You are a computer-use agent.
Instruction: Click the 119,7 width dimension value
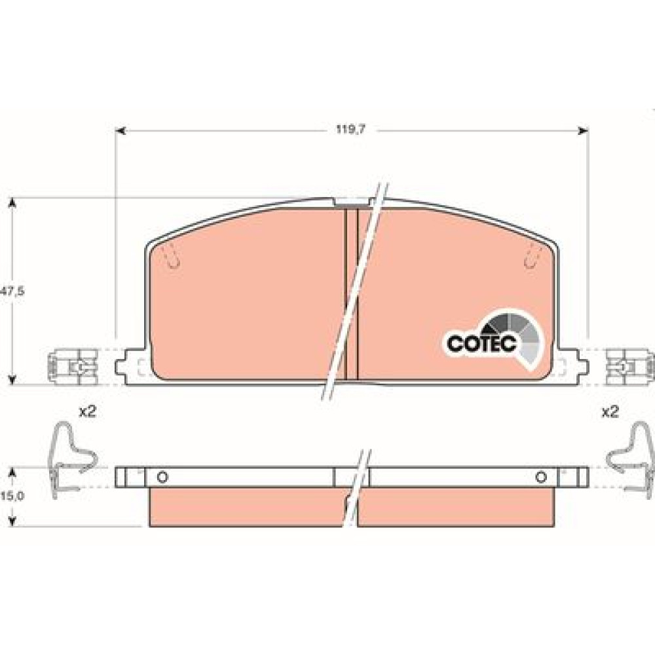(351, 130)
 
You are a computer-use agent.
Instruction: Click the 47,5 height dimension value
(12, 291)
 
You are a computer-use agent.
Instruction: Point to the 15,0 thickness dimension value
(12, 496)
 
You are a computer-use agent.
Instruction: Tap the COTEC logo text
(481, 343)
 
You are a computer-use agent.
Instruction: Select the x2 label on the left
(88, 412)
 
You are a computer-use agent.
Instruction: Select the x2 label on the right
(610, 412)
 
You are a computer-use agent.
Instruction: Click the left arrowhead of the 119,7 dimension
(121, 131)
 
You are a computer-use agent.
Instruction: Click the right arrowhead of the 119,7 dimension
(583, 131)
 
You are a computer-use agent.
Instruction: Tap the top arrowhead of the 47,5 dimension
(12, 203)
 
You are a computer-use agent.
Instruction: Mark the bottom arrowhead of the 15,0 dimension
(12, 521)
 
